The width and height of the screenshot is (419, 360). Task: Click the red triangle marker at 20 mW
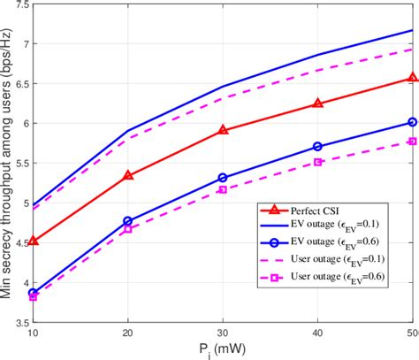(x=128, y=175)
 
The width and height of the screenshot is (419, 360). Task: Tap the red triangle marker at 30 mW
(x=223, y=130)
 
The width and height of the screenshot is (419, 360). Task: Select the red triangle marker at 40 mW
(x=318, y=103)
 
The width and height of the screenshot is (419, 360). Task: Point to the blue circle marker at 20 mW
(x=128, y=221)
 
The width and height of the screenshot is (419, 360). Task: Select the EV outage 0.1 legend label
(x=341, y=226)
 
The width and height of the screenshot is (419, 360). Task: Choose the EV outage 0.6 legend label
(x=341, y=242)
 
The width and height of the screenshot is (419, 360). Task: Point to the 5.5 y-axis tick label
(x=19, y=164)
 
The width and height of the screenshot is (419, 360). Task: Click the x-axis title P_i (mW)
(x=223, y=350)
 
